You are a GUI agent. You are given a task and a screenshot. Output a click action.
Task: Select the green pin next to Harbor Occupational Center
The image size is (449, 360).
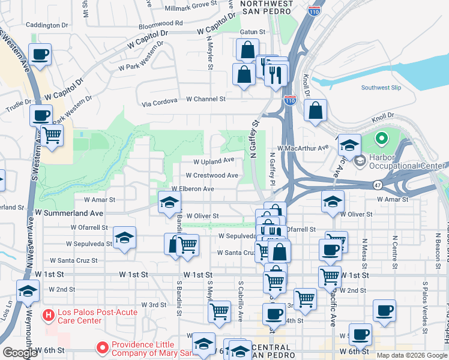380,140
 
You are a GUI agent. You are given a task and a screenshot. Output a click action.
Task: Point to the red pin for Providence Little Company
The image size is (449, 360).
102,347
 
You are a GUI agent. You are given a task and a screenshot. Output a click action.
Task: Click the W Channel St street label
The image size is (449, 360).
205,99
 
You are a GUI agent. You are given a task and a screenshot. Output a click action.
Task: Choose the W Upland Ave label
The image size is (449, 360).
213,161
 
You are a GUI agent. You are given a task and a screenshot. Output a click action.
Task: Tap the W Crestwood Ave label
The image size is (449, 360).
211,175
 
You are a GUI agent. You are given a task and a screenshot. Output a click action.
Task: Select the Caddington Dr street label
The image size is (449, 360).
47,25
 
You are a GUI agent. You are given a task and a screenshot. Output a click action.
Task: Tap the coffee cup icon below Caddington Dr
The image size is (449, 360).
40,55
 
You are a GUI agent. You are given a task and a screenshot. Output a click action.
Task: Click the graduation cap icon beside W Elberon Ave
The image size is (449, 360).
169,202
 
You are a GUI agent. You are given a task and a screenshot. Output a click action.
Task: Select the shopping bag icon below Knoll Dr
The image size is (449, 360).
315,111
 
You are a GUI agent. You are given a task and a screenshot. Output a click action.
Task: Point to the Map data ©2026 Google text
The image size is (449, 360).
411,355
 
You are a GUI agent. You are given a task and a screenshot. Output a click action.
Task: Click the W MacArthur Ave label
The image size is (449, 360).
303,148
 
